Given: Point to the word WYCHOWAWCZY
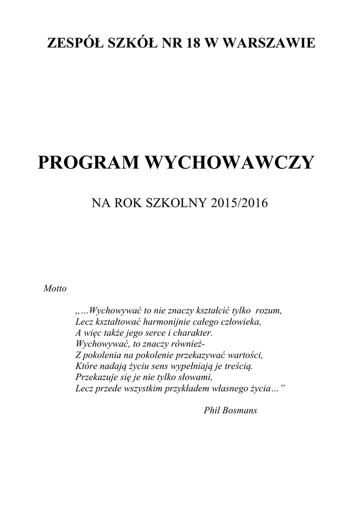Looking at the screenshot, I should click(x=229, y=162).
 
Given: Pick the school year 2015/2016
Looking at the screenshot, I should click(x=239, y=203).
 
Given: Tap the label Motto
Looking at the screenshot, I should click(x=55, y=288).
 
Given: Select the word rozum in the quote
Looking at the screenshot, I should click(x=268, y=311).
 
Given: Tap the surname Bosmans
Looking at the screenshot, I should click(x=242, y=410).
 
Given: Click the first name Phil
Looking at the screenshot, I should click(x=213, y=410).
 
